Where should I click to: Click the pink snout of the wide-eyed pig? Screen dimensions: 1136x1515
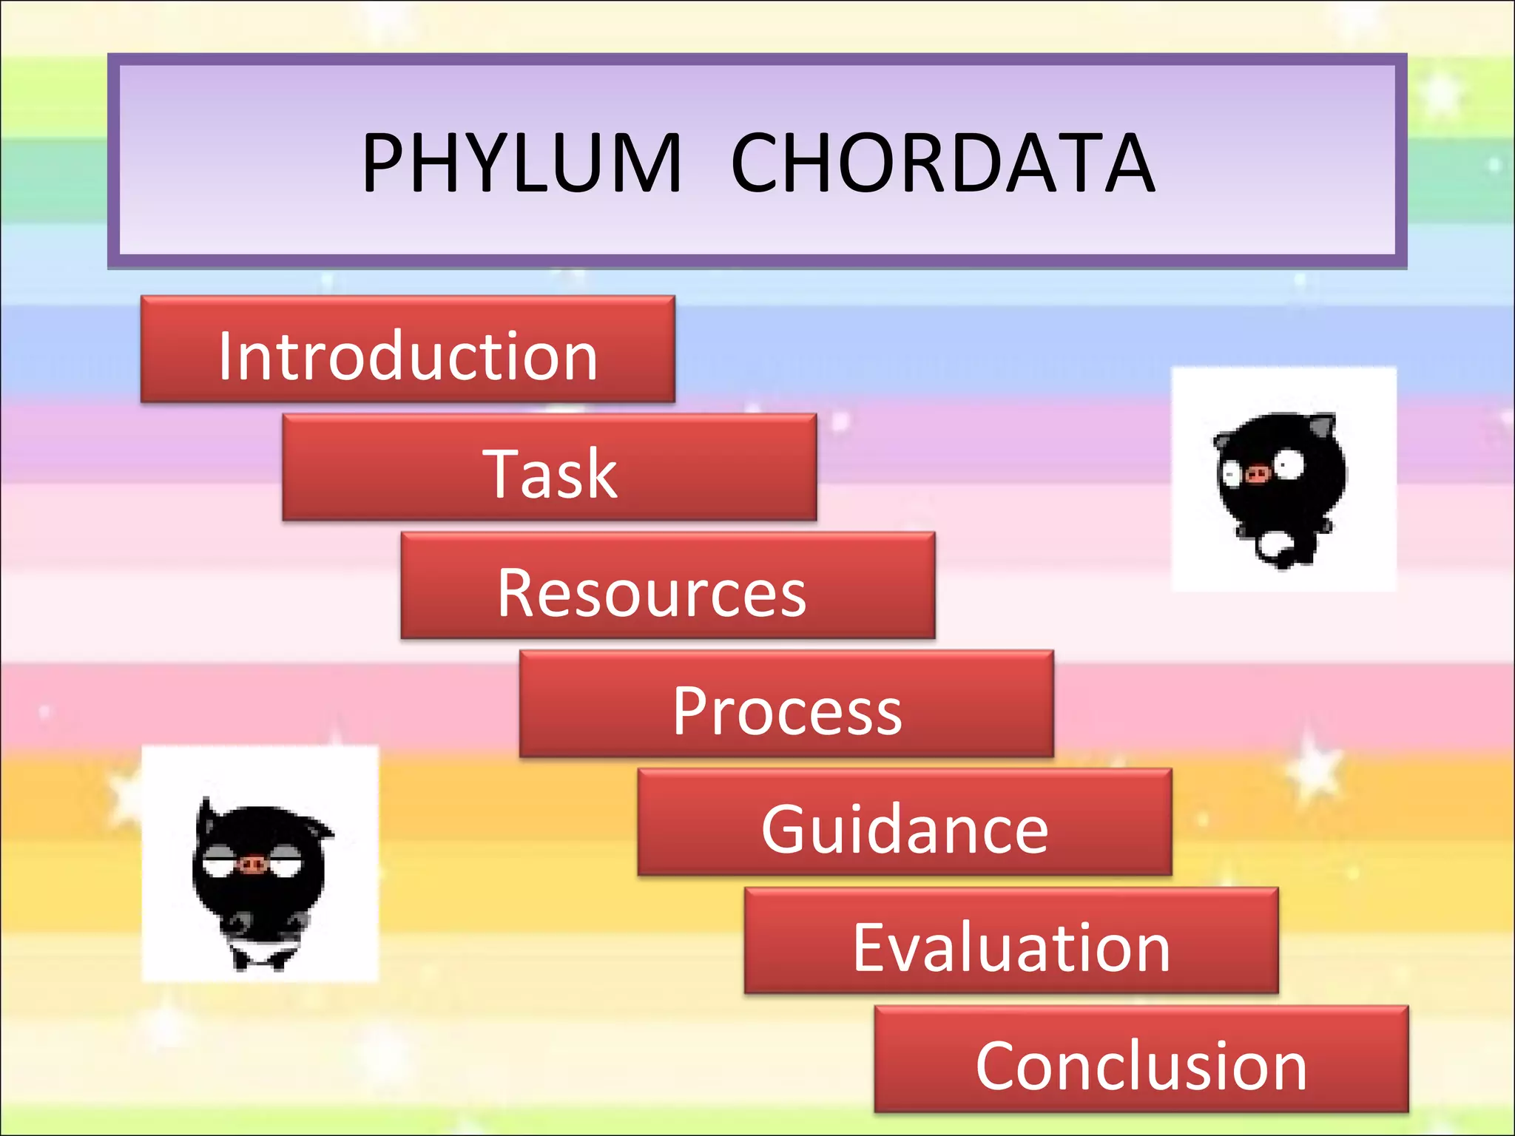(x=1257, y=473)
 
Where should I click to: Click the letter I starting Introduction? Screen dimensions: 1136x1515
(x=225, y=356)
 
